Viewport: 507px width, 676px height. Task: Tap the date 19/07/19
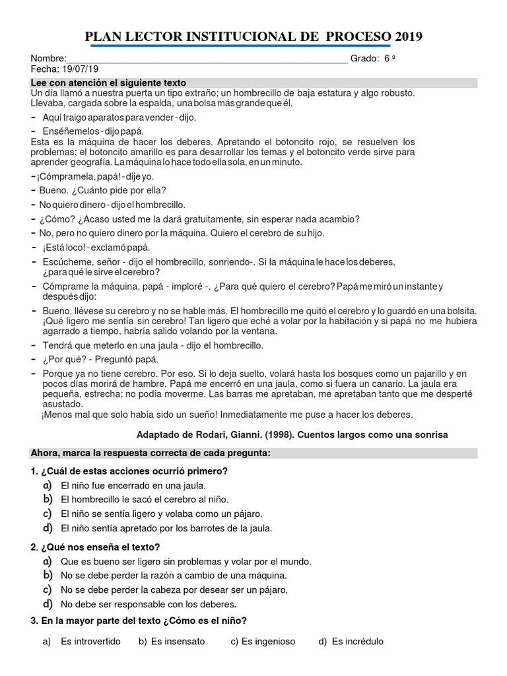79,69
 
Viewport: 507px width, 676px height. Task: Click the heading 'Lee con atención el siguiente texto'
109,83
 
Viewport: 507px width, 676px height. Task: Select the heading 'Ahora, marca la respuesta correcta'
151,453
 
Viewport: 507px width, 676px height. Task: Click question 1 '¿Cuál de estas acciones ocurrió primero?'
129,471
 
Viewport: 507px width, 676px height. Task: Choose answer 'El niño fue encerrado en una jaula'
128,486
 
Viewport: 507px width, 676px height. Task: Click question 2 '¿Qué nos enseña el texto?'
96,547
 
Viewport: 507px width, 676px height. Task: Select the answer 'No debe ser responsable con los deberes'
148,603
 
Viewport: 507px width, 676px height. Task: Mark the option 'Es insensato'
178,641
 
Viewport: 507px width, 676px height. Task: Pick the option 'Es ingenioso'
268,641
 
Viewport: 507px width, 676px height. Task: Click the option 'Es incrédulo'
357,641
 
